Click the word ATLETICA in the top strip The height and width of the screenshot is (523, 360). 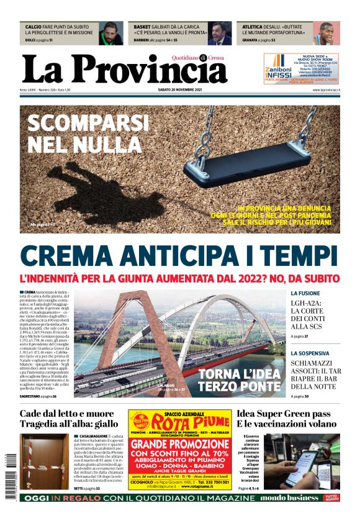(253, 27)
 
